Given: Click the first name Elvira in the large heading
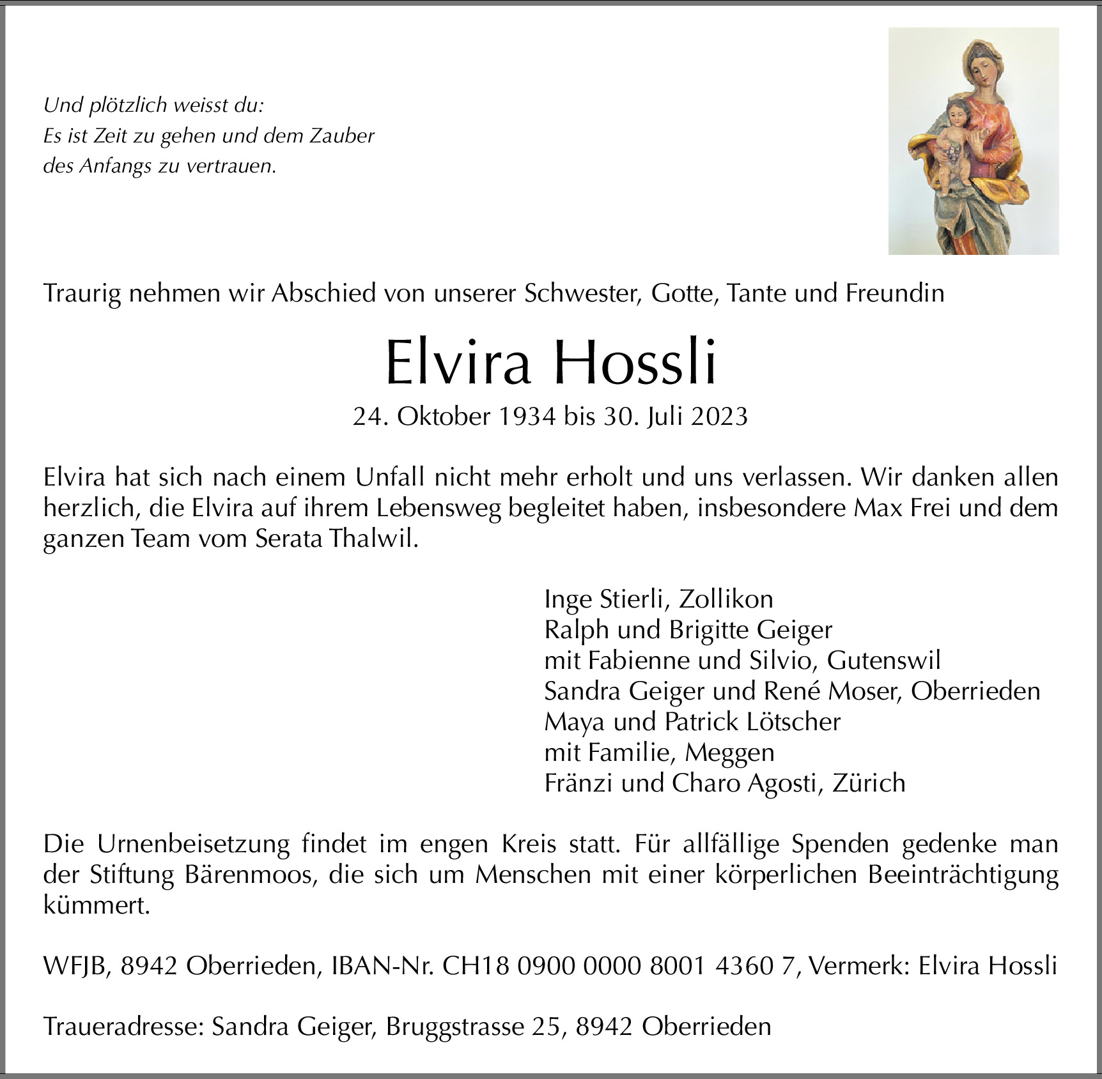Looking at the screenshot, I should point(458,363).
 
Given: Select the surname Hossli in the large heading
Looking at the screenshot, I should point(635,363).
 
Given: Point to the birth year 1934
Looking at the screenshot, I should point(527,417).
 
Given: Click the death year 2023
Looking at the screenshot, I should point(718,417).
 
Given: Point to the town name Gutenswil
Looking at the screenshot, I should point(883,661).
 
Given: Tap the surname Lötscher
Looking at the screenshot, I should point(793,722).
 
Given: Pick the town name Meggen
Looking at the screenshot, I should point(729,753).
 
